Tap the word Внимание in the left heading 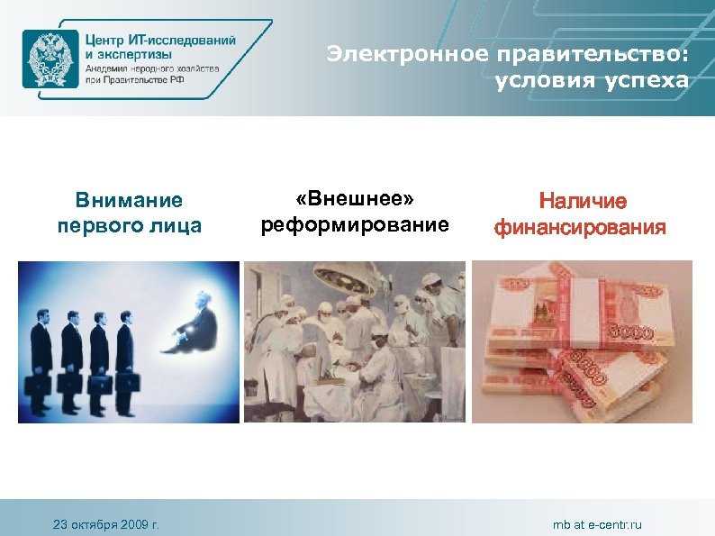[x=129, y=200]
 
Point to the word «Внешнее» [x=355, y=198]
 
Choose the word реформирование [x=355, y=223]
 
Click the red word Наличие [x=582, y=201]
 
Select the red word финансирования [x=582, y=226]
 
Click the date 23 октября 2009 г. [x=106, y=524]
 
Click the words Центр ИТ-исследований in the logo [x=161, y=41]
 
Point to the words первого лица [x=129, y=224]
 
